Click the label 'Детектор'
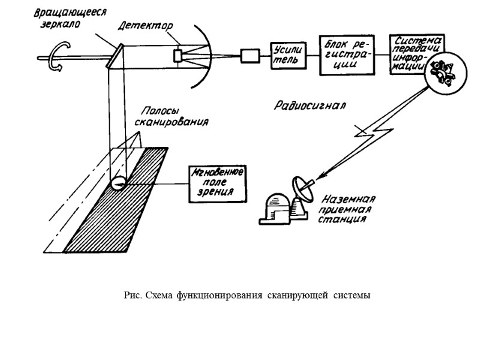click(145, 26)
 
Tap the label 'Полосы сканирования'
click(175, 116)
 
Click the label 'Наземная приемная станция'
click(348, 210)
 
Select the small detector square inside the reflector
click(178, 55)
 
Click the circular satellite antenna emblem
click(442, 73)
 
